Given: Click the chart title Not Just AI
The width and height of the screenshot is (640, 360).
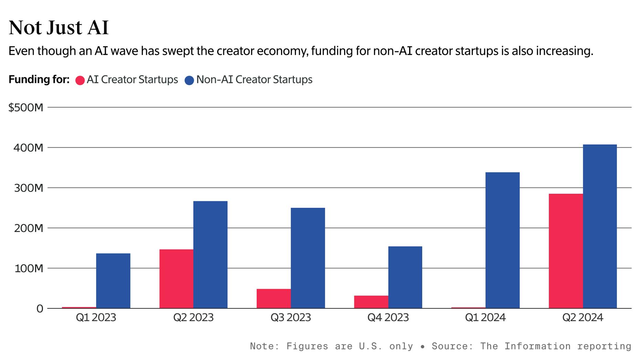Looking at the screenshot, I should click(x=58, y=28).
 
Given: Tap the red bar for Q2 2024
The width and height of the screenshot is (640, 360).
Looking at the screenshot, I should click(x=566, y=251).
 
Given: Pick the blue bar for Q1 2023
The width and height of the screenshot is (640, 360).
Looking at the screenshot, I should click(x=113, y=280).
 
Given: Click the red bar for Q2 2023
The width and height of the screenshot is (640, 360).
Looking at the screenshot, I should click(x=176, y=278).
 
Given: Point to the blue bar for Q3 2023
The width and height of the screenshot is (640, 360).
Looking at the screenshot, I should click(x=308, y=258).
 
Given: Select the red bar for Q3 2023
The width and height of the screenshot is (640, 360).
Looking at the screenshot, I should click(x=274, y=298).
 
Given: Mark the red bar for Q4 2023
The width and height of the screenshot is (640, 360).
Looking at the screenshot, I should click(x=371, y=302).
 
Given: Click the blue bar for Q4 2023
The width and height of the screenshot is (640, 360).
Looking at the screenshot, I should click(x=405, y=277).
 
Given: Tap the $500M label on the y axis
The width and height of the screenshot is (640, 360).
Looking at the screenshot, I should click(x=26, y=107).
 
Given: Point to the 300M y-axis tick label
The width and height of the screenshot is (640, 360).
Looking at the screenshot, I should click(x=29, y=188).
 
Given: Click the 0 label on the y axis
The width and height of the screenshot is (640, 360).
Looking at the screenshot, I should click(x=40, y=309).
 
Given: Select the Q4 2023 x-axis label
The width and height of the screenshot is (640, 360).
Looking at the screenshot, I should click(x=388, y=317).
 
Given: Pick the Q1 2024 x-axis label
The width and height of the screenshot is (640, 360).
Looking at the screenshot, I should click(x=485, y=317).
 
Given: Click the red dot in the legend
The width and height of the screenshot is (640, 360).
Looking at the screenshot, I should click(x=80, y=81).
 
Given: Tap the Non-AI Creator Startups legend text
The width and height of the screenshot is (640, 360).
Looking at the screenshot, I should click(x=254, y=80).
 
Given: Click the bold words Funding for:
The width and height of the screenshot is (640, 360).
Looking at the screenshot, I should click(x=39, y=80).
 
